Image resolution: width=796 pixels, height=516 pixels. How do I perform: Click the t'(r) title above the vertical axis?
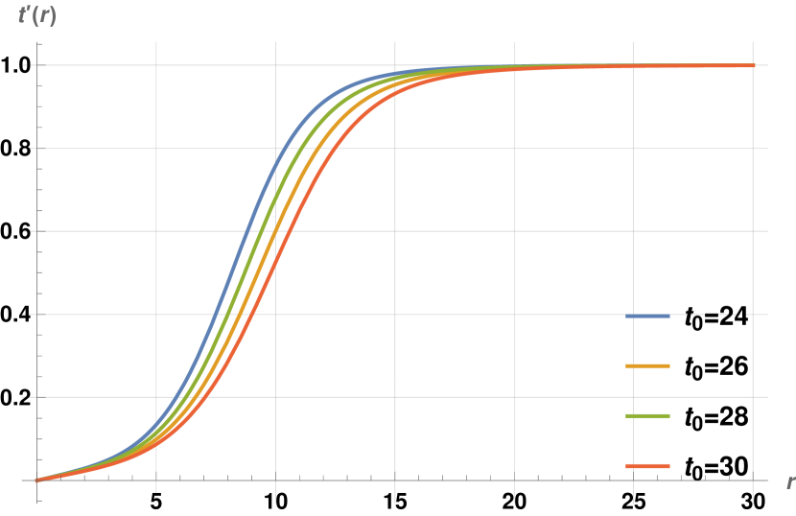pos(37,16)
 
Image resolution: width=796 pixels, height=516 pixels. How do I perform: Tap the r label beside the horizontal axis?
pos(789,481)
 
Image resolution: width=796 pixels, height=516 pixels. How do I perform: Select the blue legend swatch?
pos(647,316)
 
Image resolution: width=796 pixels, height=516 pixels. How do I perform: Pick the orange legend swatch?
pos(647,365)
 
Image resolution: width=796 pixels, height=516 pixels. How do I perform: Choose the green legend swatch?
pos(647,415)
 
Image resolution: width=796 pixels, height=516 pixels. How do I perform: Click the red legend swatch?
pos(647,466)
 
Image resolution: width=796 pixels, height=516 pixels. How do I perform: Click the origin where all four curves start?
pos(37,480)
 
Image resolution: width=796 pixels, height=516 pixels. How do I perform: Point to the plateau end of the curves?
pos(752,65)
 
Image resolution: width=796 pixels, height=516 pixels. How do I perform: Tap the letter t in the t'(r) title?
pos(22,16)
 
